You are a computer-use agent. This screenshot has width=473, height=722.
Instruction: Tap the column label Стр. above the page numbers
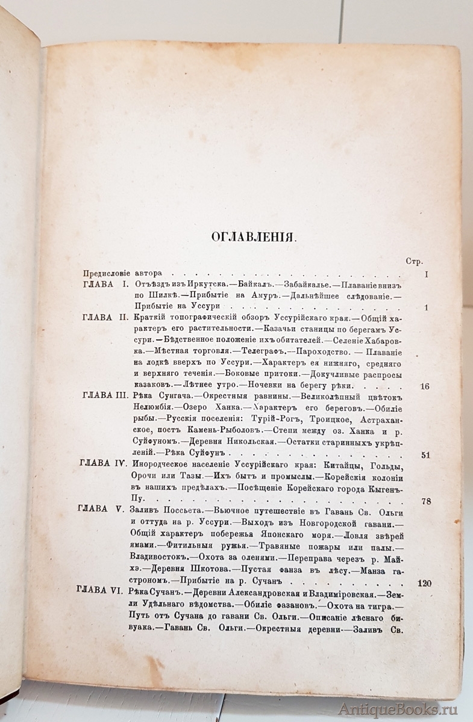[414, 261]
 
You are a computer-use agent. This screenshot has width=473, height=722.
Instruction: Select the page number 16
[425, 386]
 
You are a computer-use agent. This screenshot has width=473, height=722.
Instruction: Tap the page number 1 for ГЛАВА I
[426, 308]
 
